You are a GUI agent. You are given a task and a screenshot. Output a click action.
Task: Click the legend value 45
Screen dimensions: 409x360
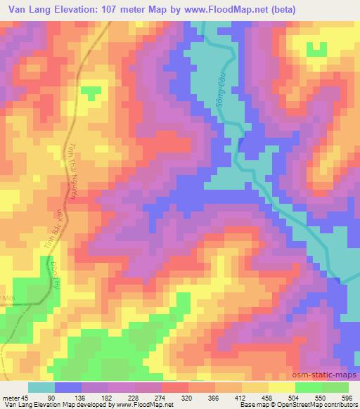pos(27,397)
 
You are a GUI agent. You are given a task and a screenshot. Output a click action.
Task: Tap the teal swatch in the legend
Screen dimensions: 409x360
pos(41,387)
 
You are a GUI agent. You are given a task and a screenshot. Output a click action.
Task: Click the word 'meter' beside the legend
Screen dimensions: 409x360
pos(12,397)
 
